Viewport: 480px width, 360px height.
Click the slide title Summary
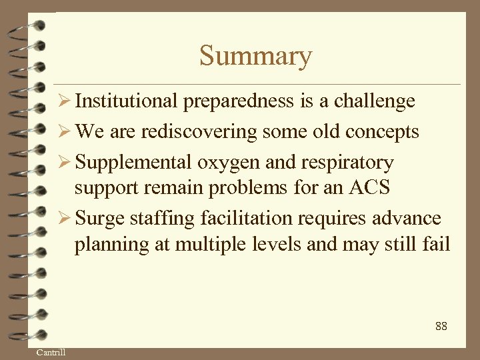click(255, 56)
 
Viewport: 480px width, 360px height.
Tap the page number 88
click(441, 326)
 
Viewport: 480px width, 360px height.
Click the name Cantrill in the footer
click(51, 352)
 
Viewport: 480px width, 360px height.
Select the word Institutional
click(127, 101)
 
